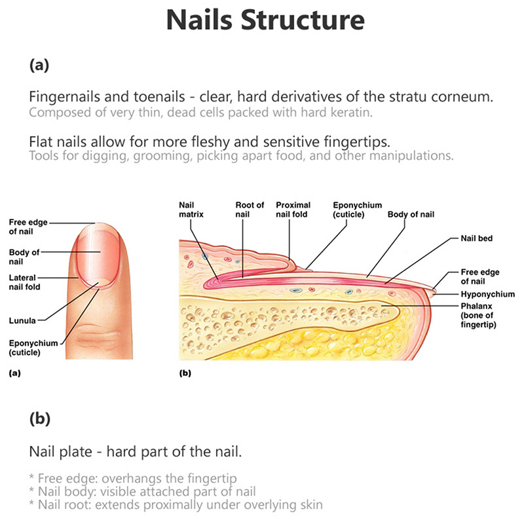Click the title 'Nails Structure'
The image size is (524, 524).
(x=265, y=21)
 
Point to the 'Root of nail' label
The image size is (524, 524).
(x=250, y=210)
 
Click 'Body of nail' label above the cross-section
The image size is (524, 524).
(x=411, y=214)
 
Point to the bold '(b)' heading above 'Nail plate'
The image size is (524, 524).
(x=40, y=419)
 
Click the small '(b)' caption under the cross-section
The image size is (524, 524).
(x=185, y=375)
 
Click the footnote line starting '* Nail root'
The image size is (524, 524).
(x=175, y=504)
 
